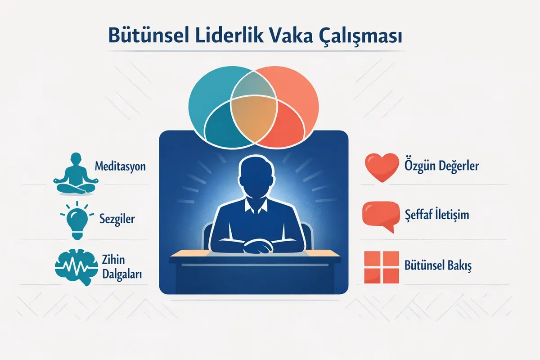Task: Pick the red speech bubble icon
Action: point(381,216)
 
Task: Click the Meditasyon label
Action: point(120,166)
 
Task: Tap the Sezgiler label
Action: point(117,220)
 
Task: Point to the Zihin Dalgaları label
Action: point(119,267)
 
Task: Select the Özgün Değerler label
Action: point(443,166)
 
